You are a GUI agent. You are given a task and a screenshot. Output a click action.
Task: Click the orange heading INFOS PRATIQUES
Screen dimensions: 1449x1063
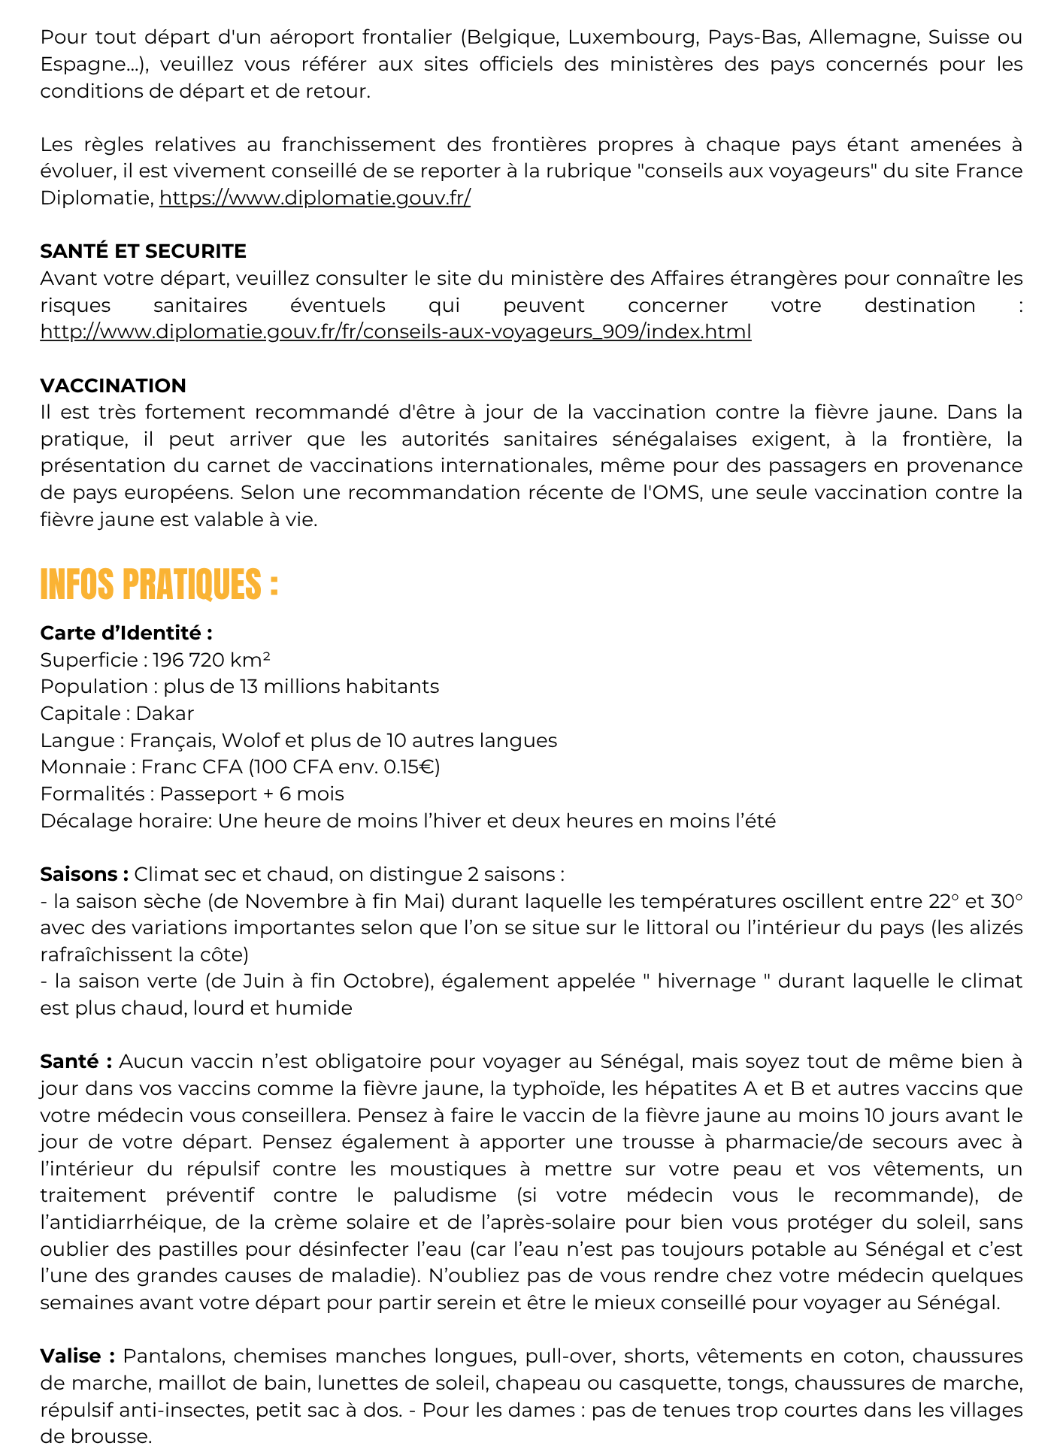(159, 585)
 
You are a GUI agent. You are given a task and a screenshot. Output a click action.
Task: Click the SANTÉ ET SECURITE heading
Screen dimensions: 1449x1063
(143, 251)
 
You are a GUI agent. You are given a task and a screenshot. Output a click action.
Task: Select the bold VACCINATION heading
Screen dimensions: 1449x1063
(113, 386)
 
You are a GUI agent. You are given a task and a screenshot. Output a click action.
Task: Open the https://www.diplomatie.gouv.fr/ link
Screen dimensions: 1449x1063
(315, 198)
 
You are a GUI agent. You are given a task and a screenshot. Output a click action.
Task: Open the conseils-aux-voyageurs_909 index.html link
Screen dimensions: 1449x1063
(395, 331)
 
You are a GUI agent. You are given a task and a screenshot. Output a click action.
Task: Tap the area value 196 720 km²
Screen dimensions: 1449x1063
(211, 660)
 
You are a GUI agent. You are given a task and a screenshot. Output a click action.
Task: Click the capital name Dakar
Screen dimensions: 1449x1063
(165, 713)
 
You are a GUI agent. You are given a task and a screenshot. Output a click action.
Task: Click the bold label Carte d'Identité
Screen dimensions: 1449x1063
(126, 633)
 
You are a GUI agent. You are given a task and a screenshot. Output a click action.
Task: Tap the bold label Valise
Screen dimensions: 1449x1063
(77, 1356)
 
